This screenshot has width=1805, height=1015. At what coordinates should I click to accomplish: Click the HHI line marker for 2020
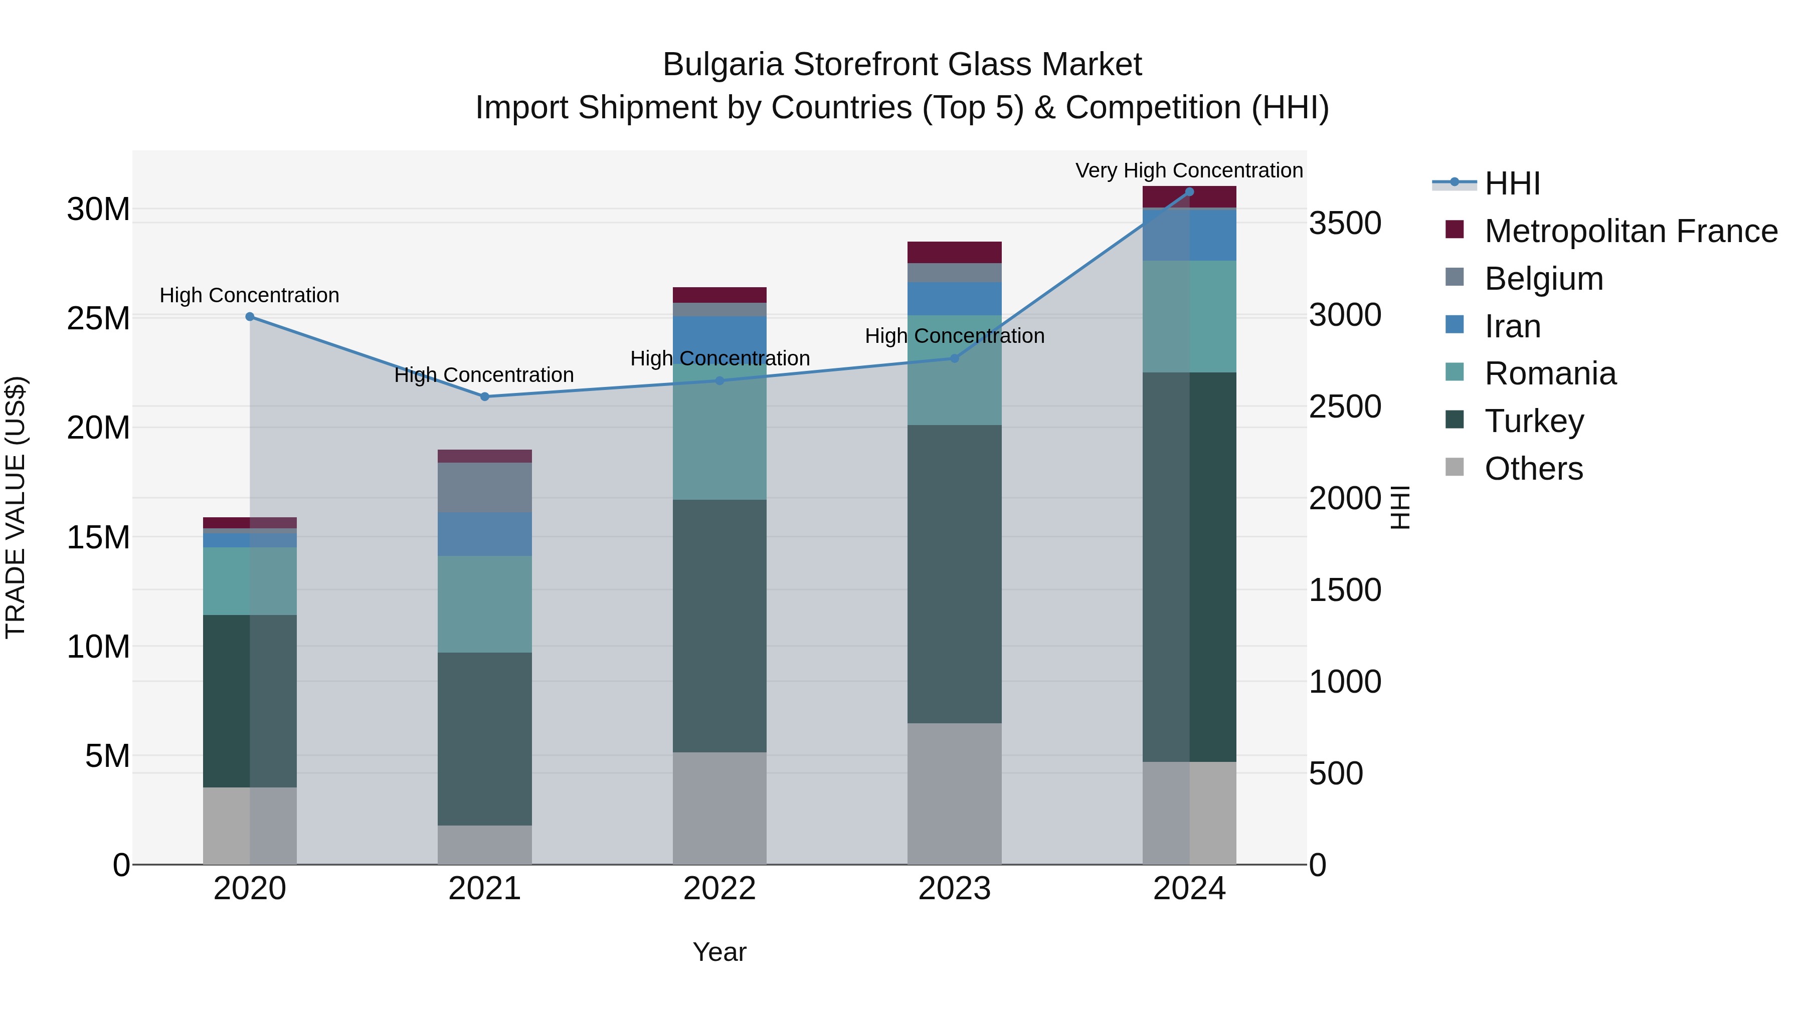pyautogui.click(x=250, y=317)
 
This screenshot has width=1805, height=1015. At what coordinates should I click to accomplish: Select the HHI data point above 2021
pyautogui.click(x=484, y=396)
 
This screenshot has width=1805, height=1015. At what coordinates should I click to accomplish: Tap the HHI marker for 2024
pyautogui.click(x=1189, y=192)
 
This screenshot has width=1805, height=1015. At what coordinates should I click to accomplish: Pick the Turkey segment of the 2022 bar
pyautogui.click(x=719, y=626)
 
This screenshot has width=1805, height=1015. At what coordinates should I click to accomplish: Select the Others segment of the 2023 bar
pyautogui.click(x=954, y=793)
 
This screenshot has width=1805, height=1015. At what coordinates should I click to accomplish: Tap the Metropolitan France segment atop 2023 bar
pyautogui.click(x=954, y=252)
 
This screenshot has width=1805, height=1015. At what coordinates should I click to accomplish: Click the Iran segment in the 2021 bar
pyautogui.click(x=484, y=534)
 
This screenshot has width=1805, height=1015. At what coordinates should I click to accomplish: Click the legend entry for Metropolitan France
pyautogui.click(x=1630, y=231)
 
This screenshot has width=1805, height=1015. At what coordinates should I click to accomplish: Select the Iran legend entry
pyautogui.click(x=1512, y=326)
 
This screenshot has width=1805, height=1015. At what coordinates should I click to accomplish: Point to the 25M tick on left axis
pyautogui.click(x=98, y=319)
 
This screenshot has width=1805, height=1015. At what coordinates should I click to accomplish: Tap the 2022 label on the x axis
pyautogui.click(x=719, y=889)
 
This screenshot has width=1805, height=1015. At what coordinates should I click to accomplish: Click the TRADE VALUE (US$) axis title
pyautogui.click(x=16, y=507)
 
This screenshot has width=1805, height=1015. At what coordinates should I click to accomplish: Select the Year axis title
pyautogui.click(x=719, y=952)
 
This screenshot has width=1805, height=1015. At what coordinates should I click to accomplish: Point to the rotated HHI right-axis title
pyautogui.click(x=1399, y=507)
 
